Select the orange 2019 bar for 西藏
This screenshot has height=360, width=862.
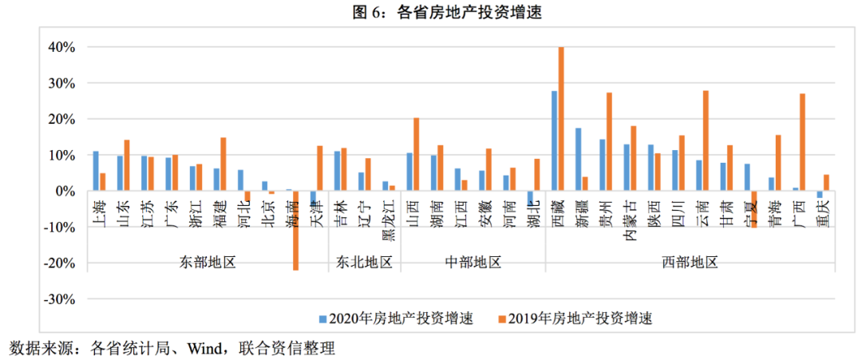[x=561, y=119]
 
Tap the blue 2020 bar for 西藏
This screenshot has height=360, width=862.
[x=554, y=140]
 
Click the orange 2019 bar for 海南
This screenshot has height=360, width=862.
[x=295, y=231]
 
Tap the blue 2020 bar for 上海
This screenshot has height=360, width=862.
[x=96, y=171]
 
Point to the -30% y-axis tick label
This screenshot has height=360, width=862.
[x=59, y=299]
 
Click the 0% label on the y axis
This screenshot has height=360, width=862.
[x=65, y=192]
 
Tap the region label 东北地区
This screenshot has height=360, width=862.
[x=364, y=262]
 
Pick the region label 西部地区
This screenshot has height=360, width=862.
[x=690, y=262]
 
